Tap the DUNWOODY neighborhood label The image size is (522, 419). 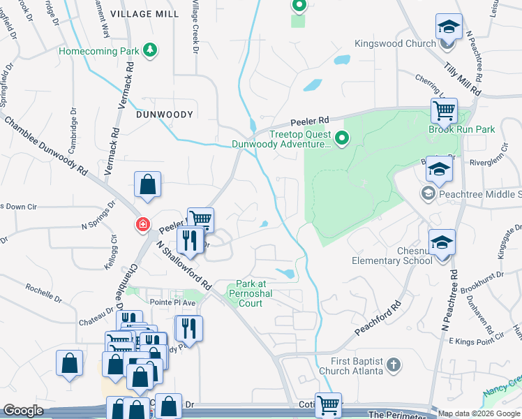click(x=164, y=114)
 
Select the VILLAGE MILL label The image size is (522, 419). click(x=144, y=14)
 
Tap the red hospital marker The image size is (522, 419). click(x=142, y=224)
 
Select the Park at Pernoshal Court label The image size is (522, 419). click(x=249, y=293)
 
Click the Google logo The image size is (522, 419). click(x=23, y=411)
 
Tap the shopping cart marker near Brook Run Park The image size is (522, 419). click(x=443, y=110)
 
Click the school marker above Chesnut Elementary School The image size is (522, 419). click(x=442, y=242)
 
